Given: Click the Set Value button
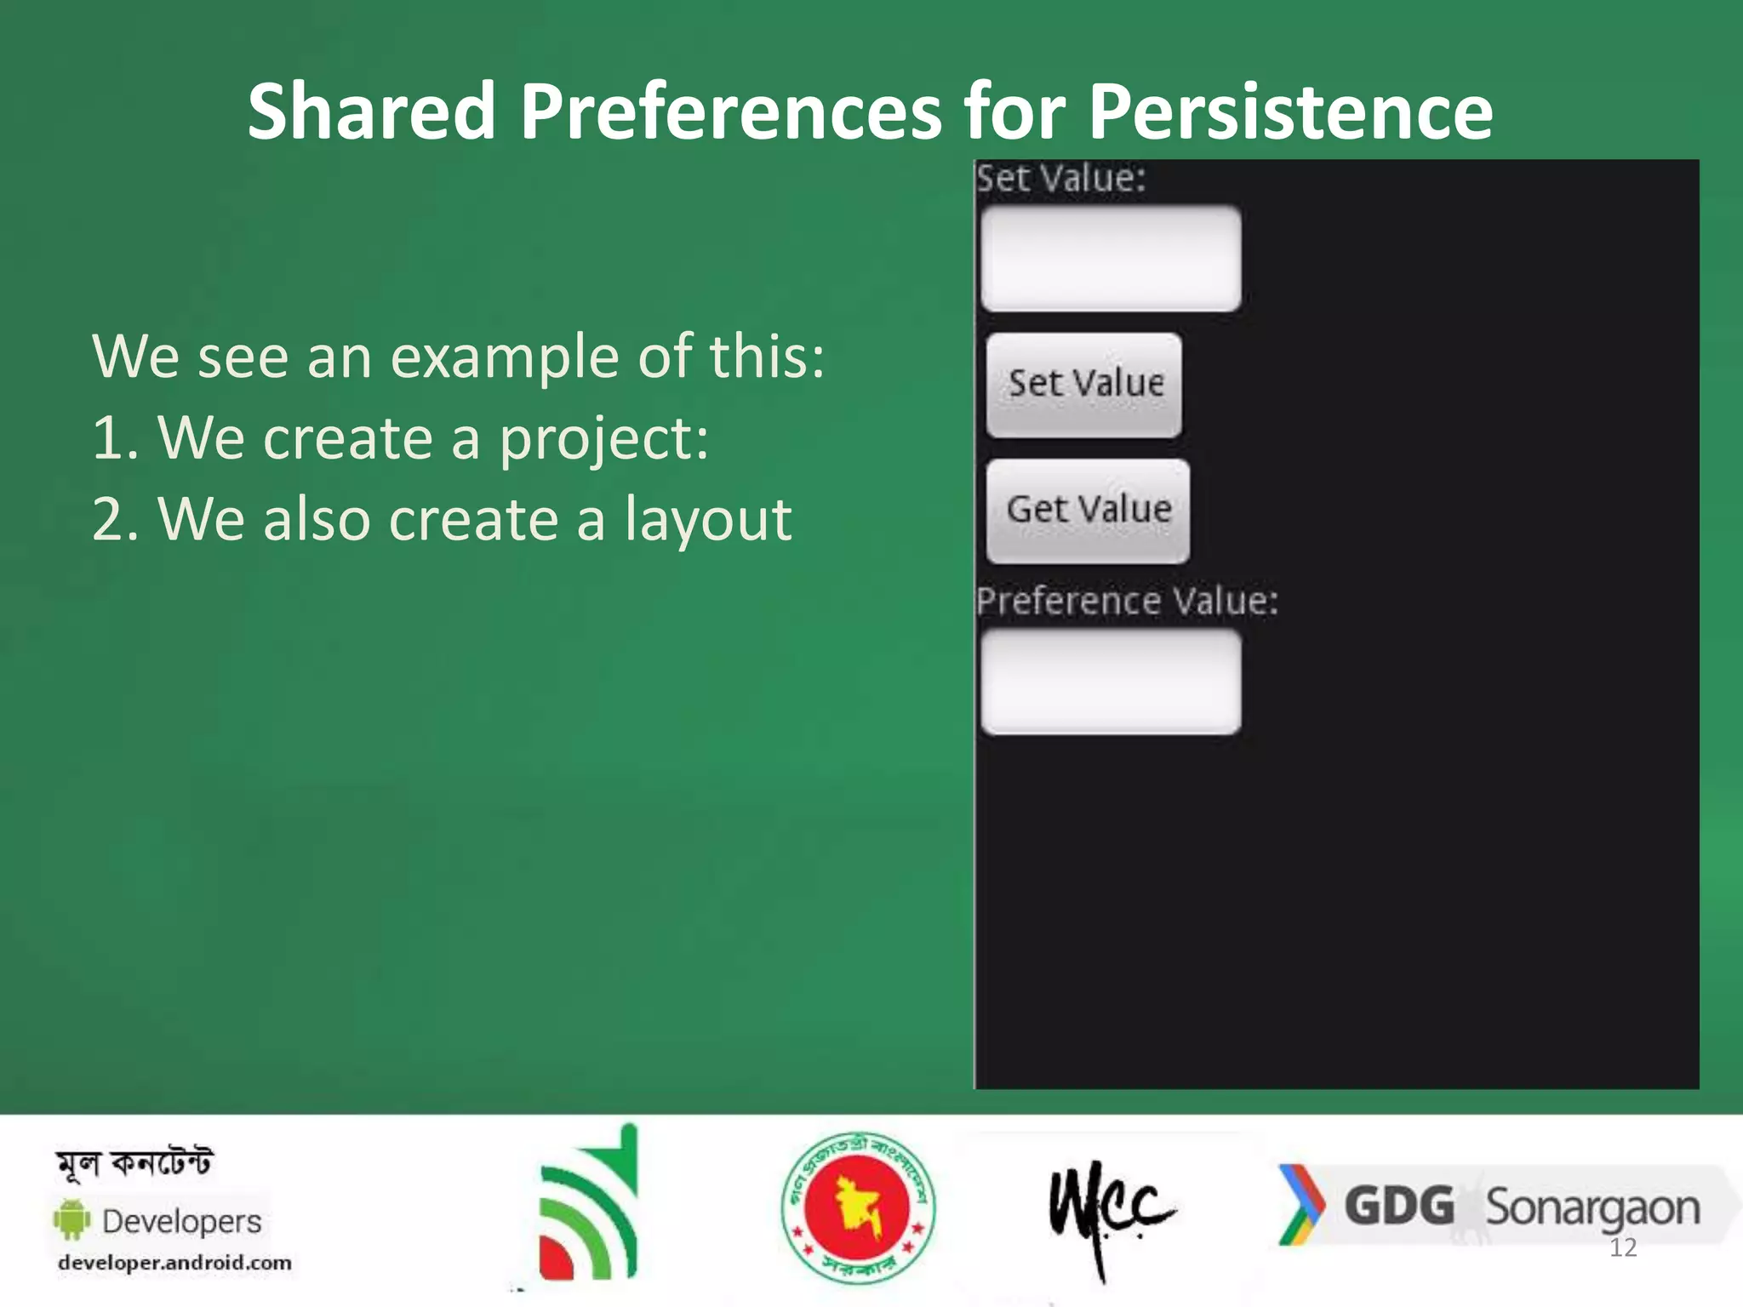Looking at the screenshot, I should pos(1083,385).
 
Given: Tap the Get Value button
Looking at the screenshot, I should pos(1088,511).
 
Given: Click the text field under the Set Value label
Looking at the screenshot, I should pos(1110,258).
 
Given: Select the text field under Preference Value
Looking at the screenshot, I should pos(1110,682).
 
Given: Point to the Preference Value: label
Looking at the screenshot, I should pos(1126,601).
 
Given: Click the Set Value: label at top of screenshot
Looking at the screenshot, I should pos(1060,179).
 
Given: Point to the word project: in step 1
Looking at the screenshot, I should pos(603,438).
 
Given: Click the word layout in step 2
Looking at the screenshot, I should pos(708,519).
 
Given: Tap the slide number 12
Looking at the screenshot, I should pos(1623,1247).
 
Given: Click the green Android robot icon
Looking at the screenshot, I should pos(72,1219).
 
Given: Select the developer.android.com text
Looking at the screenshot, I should pos(174,1263).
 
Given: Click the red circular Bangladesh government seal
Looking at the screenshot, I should pos(858,1207).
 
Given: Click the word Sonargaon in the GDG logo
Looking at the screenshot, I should pos(1592,1208).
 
